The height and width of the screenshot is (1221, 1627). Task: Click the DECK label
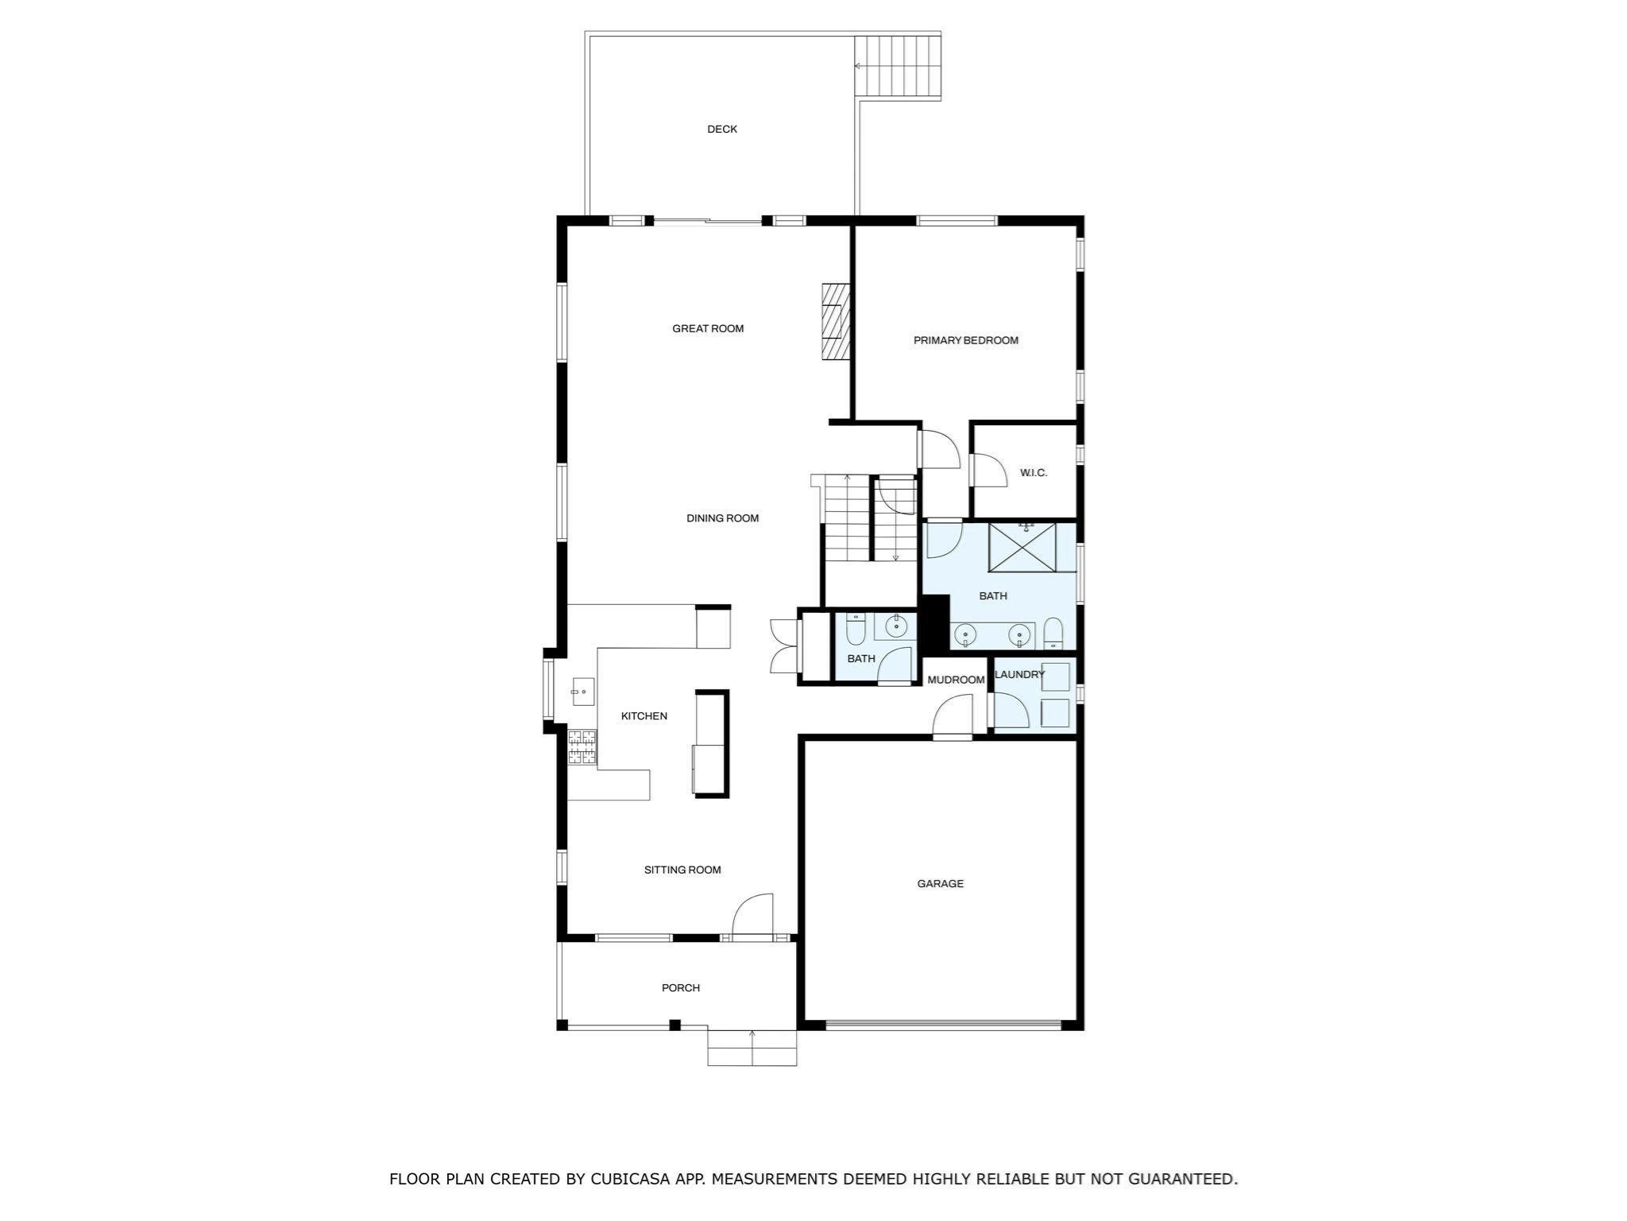[722, 129]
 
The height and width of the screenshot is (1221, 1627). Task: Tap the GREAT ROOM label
[708, 328]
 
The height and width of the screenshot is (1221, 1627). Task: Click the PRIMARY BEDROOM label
[965, 340]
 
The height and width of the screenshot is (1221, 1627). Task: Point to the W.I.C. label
[1033, 473]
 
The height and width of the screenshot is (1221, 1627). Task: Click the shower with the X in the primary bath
[1022, 547]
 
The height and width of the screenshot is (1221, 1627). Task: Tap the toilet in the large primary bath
[1053, 634]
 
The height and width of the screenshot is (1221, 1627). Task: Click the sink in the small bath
[896, 626]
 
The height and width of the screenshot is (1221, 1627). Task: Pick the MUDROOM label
[956, 680]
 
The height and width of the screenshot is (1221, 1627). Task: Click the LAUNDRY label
[1020, 674]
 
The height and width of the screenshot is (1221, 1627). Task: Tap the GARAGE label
[940, 883]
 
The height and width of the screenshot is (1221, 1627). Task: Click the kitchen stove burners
[582, 747]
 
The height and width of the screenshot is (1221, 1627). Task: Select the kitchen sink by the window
[582, 692]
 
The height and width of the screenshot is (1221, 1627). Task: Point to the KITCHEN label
[643, 716]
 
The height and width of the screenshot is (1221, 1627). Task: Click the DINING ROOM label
[722, 518]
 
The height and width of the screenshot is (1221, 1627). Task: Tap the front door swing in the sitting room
[752, 917]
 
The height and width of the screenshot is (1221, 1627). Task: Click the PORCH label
[681, 988]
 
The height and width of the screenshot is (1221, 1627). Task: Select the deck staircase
[898, 66]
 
